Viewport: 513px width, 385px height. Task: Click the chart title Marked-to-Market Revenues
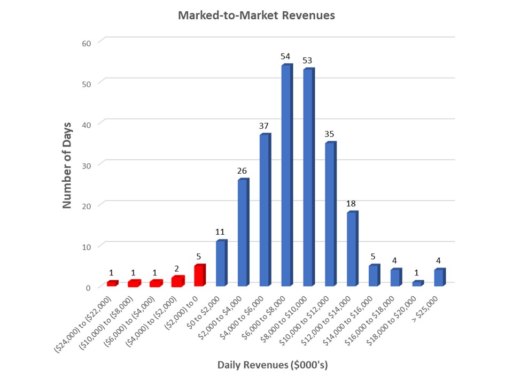pos(256,16)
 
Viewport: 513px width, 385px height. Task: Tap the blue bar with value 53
pos(308,178)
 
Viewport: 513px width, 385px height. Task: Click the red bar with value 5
pos(199,276)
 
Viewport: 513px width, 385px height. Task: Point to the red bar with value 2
pos(177,282)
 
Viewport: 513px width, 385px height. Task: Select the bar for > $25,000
pos(439,278)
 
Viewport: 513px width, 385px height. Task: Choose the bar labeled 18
pos(352,249)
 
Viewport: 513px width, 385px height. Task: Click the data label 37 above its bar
pos(265,126)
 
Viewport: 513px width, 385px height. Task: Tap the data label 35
pos(330,134)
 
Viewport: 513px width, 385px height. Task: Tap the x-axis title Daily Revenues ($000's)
pos(273,365)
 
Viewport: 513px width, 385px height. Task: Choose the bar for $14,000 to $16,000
pos(374,276)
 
